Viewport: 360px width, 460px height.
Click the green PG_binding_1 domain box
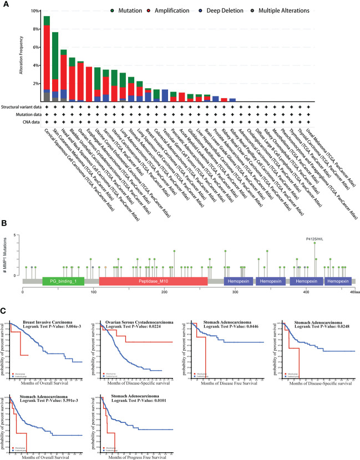pyautogui.click(x=63, y=281)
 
